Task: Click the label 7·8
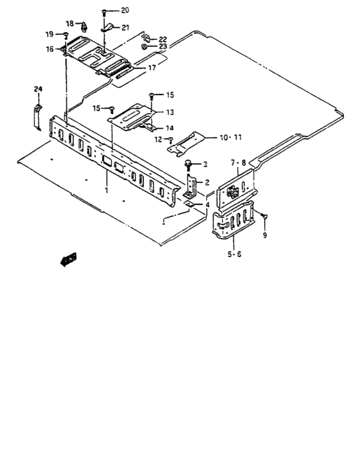(x=238, y=164)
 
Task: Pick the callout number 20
(x=124, y=10)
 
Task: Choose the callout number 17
(x=152, y=67)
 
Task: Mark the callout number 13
(x=170, y=111)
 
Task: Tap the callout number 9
(x=263, y=235)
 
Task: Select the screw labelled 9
(x=264, y=220)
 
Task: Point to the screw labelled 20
(x=104, y=12)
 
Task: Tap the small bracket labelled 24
(x=37, y=115)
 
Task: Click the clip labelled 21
(x=107, y=27)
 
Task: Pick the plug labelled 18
(x=84, y=26)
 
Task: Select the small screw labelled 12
(x=170, y=139)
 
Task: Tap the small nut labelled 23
(x=145, y=47)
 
